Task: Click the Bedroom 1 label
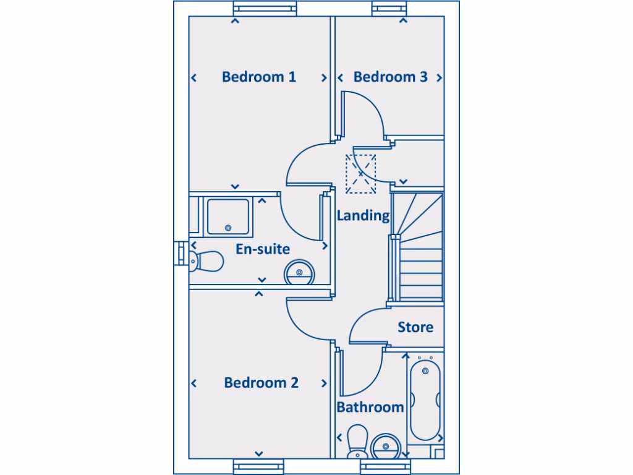click(x=258, y=77)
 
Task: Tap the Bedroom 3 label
click(x=390, y=77)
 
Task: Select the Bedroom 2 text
click(x=261, y=382)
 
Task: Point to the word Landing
click(x=363, y=215)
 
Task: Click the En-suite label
click(x=263, y=249)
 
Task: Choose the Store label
click(x=415, y=327)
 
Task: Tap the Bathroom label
click(x=370, y=407)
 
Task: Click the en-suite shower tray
click(x=228, y=216)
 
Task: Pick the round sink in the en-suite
click(x=299, y=272)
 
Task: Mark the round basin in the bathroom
click(x=387, y=445)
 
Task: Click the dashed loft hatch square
click(x=360, y=174)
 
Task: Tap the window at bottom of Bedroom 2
click(x=258, y=466)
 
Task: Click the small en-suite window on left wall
click(x=180, y=254)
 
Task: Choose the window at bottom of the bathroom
click(x=385, y=466)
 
